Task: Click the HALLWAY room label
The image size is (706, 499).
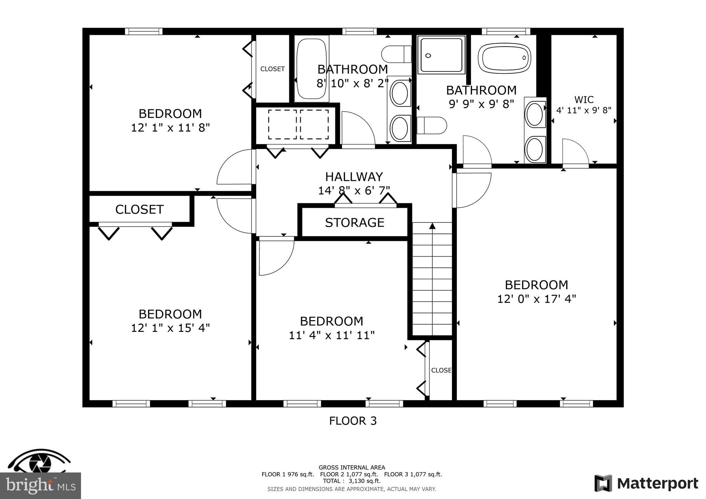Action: coord(354,177)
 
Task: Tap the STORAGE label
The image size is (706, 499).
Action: coord(354,223)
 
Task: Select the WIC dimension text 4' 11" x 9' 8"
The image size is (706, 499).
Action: coord(584,110)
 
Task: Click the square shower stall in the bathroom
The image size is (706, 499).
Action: coord(441,55)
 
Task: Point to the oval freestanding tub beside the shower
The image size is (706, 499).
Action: coord(504,58)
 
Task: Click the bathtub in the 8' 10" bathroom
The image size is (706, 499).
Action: coord(311,69)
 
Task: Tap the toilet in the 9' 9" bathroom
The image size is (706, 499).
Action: coord(432,125)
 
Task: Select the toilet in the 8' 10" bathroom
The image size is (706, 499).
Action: coord(396,54)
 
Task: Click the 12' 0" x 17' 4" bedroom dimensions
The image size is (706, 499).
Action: coord(536,299)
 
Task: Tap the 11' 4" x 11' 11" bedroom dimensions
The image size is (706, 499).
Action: coord(332,335)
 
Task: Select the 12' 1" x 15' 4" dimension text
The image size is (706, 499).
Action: coord(170,328)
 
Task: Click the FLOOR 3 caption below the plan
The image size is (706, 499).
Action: coord(353,421)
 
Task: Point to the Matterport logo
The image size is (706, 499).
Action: coord(646,483)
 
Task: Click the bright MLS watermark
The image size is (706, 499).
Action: coord(40,486)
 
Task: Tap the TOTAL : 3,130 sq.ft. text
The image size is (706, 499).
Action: coord(352,481)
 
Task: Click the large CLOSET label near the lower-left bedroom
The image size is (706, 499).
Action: coord(139,210)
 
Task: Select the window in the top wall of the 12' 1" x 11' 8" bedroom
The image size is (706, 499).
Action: coord(143,31)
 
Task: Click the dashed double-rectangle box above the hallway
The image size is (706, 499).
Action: coord(298,124)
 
